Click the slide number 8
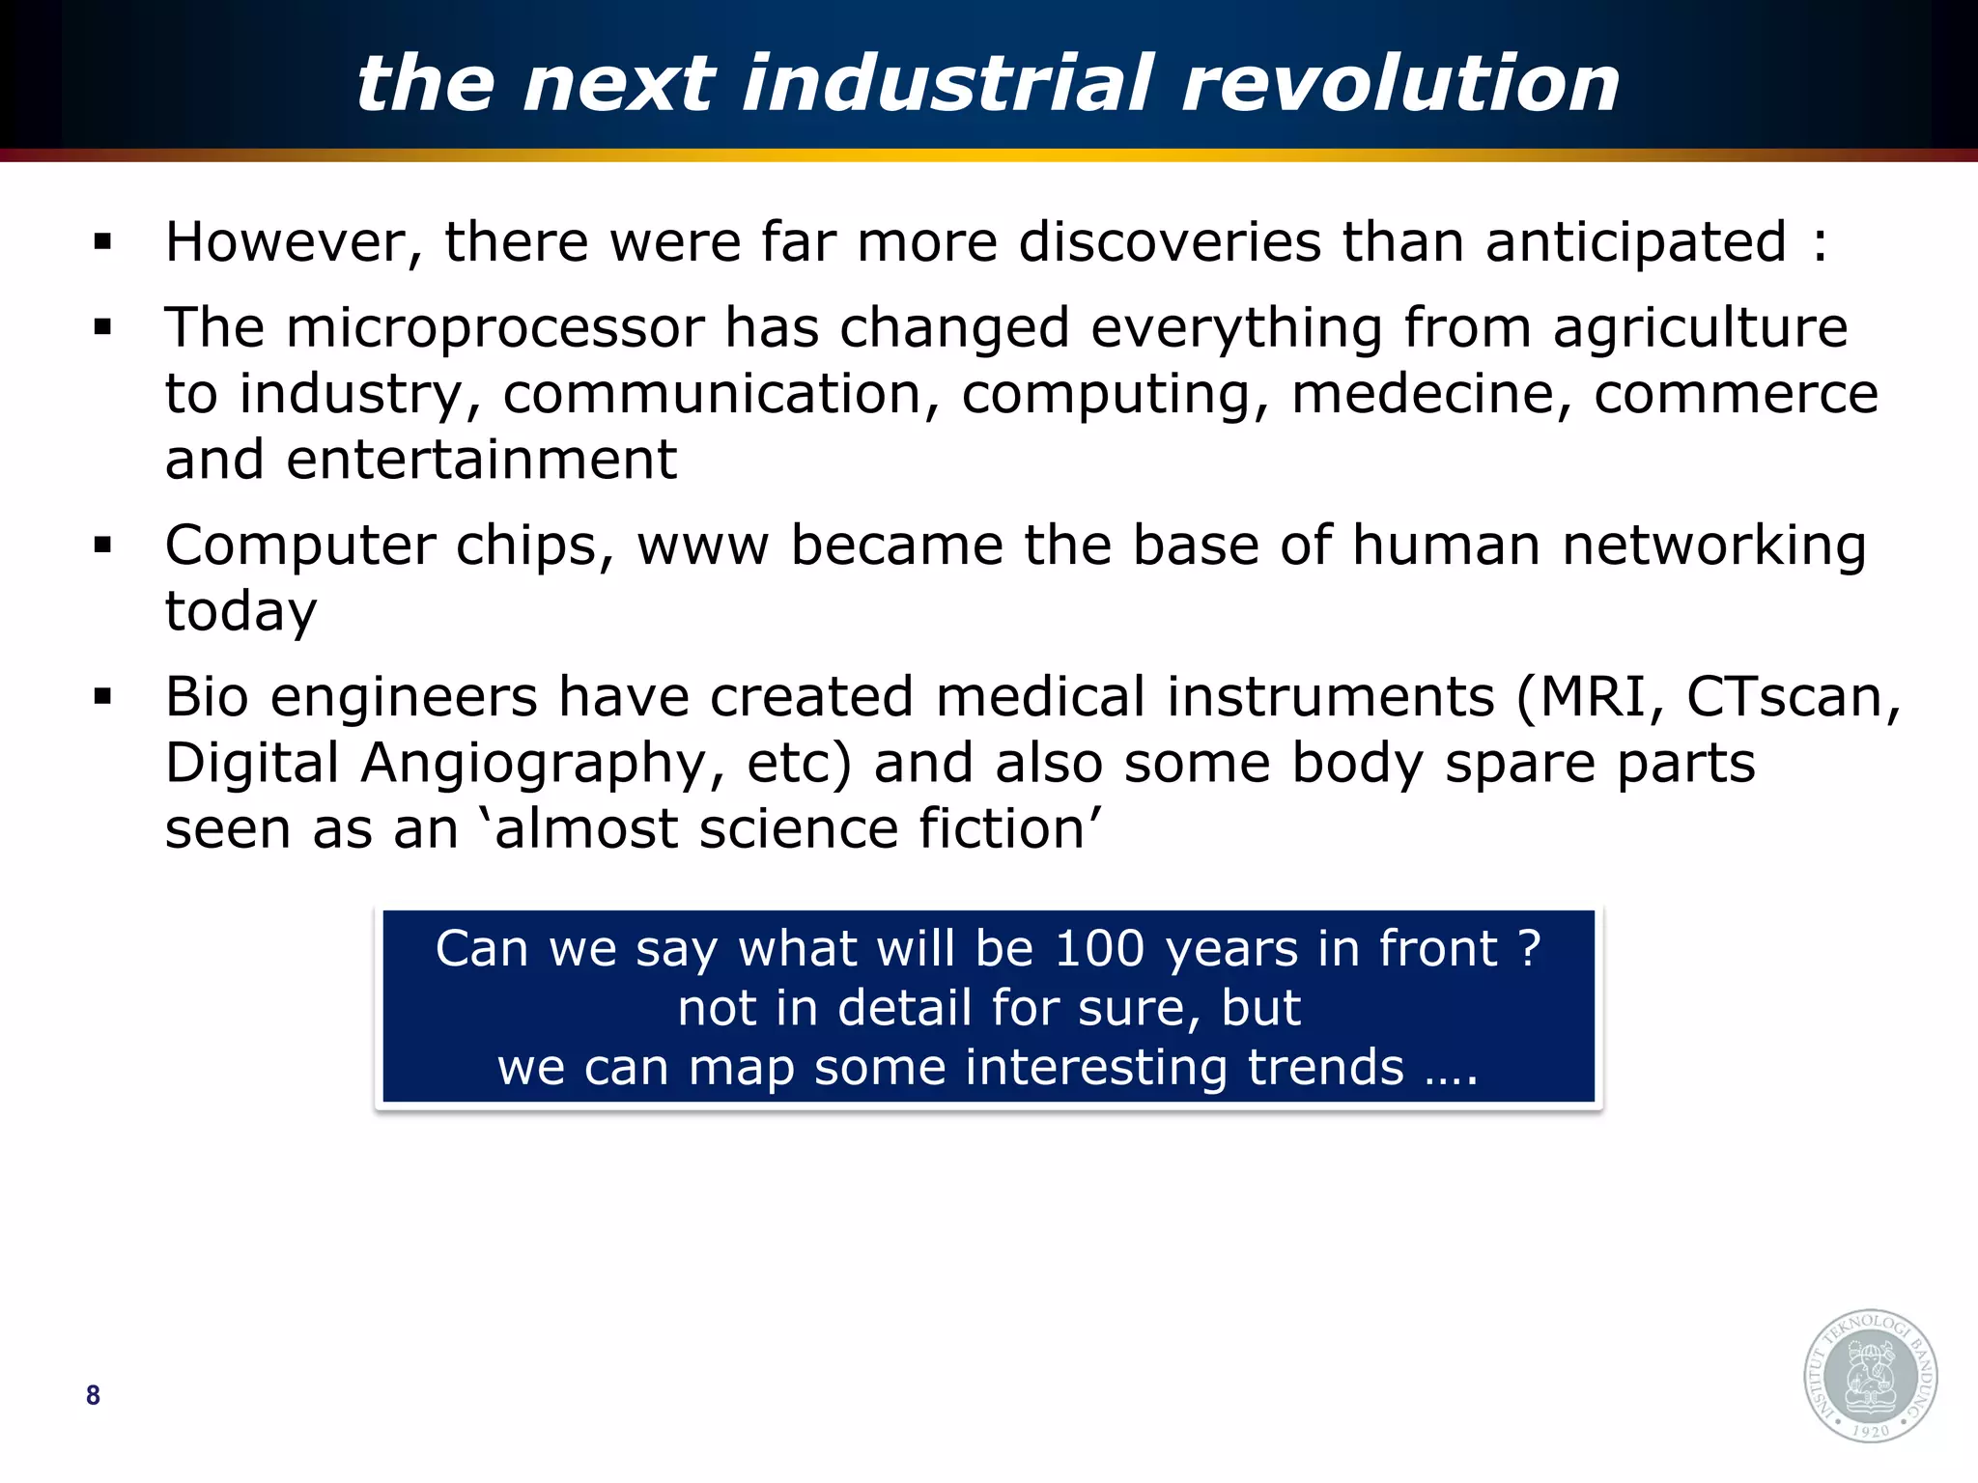pyautogui.click(x=93, y=1395)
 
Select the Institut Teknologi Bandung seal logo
pyautogui.click(x=1871, y=1376)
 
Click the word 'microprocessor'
pyautogui.click(x=495, y=328)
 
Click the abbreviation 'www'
pyautogui.click(x=702, y=546)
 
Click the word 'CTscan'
pyautogui.click(x=1787, y=697)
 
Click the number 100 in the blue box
pyautogui.click(x=1099, y=948)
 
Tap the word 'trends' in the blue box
pyautogui.click(x=1325, y=1068)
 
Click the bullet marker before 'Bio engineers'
pyautogui.click(x=103, y=696)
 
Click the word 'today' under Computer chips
pyautogui.click(x=240, y=612)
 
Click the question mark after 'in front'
pyautogui.click(x=1529, y=948)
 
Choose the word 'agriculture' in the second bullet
pyautogui.click(x=1700, y=328)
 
